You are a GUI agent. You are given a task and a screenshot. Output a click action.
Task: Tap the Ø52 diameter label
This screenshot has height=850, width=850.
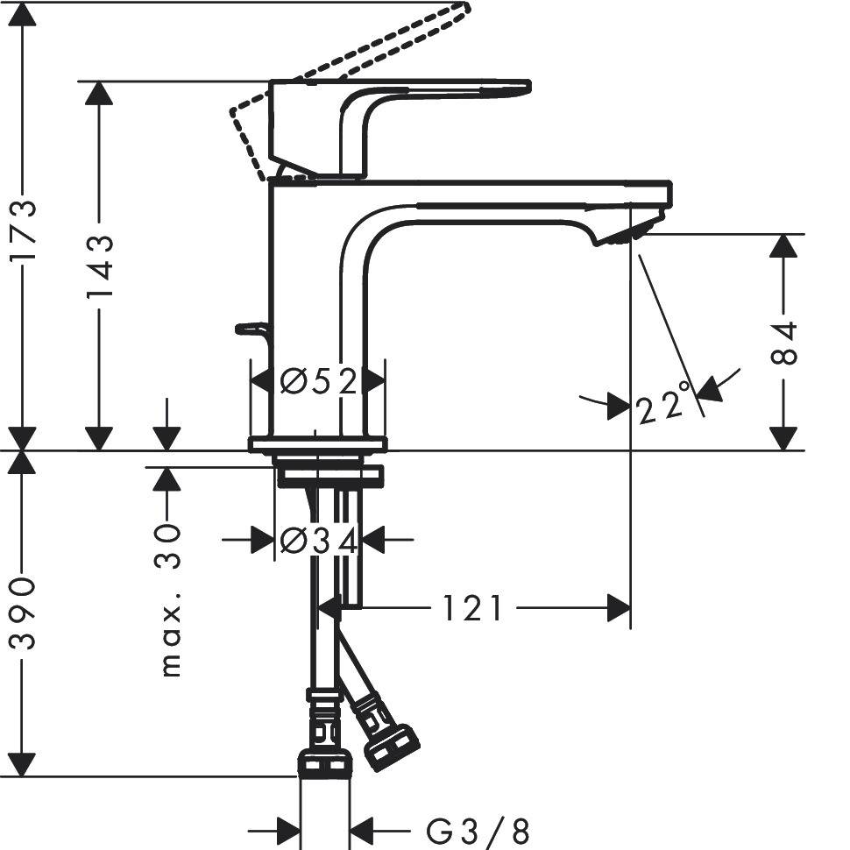click(x=319, y=381)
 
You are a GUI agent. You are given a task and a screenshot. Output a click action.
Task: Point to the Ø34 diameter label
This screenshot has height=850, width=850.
click(x=319, y=541)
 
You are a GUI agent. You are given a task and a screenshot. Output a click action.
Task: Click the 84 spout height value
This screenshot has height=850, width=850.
click(x=785, y=342)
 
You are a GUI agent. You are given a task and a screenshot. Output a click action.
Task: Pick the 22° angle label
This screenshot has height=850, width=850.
click(x=663, y=407)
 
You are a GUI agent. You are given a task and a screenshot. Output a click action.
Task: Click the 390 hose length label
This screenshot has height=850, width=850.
click(x=23, y=613)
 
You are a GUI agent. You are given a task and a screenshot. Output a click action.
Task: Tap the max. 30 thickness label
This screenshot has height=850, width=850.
click(x=169, y=600)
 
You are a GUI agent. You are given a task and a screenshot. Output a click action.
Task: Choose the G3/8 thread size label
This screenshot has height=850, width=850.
click(x=478, y=829)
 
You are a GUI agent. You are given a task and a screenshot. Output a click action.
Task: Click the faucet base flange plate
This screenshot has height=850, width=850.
click(x=317, y=444)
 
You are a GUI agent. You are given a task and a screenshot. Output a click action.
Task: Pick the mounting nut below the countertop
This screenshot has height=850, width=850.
click(x=329, y=476)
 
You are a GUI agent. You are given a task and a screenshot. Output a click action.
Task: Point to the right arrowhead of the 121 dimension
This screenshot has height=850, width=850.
click(x=619, y=607)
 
